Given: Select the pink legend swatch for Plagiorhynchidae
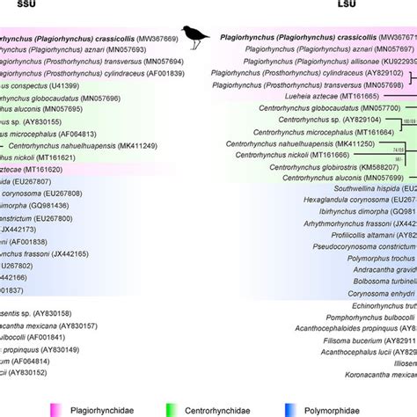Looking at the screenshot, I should pos(58,409).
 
